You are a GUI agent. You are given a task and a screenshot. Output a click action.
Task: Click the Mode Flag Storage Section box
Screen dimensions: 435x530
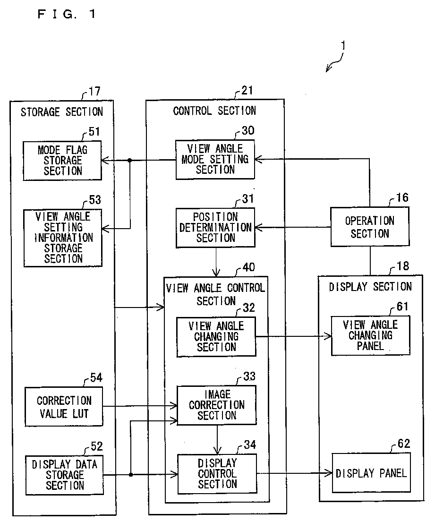coord(62,161)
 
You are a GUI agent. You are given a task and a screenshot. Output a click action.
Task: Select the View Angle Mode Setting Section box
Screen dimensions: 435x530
coord(215,159)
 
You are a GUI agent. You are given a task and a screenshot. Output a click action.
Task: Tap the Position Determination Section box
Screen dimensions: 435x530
coord(216,228)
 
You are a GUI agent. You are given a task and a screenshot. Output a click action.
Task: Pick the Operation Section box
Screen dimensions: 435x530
coord(370,226)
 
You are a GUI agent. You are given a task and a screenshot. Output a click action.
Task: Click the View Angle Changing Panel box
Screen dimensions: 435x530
coord(370,335)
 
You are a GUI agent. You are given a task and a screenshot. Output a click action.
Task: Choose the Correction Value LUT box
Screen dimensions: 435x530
coord(64,407)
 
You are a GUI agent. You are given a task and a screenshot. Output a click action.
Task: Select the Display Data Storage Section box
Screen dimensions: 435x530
coord(65,475)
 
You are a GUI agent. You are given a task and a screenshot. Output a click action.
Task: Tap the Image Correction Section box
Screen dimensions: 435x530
coord(217,405)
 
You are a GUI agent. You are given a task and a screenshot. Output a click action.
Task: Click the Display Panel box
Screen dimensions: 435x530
coord(371,473)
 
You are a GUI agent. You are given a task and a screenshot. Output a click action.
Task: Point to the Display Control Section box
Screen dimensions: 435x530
coord(217,474)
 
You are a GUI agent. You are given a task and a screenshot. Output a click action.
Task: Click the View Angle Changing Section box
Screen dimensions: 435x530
coord(216,337)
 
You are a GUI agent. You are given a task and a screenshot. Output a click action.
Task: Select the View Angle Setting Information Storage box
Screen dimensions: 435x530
coord(63,238)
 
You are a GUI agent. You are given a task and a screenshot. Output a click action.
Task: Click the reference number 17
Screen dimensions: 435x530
coord(94,91)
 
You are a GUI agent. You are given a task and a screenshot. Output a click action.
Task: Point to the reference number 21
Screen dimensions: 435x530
coord(247,90)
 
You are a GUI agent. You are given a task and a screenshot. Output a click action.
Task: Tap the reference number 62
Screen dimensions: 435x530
coord(403,443)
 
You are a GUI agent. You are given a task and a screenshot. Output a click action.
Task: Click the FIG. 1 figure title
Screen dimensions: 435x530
coord(67,14)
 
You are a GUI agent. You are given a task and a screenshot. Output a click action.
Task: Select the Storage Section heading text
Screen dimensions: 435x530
coord(62,112)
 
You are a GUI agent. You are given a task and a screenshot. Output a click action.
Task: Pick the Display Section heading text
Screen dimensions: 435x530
coord(370,287)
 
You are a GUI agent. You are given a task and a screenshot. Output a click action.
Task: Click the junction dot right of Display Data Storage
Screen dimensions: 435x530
coord(131,475)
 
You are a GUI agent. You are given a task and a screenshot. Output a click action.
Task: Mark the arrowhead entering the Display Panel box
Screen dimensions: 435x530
coord(329,473)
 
